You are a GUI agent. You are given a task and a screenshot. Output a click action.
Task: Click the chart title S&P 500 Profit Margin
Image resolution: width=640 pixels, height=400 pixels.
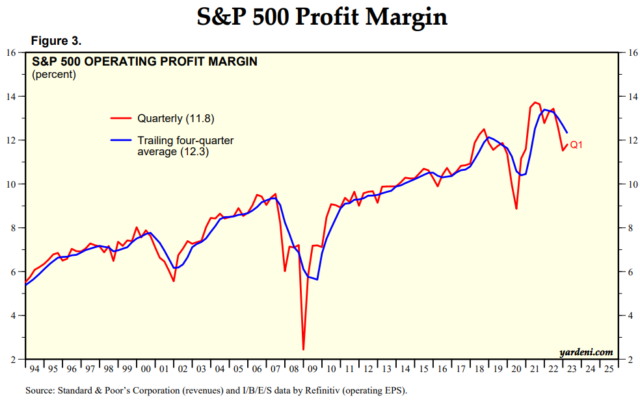(322, 18)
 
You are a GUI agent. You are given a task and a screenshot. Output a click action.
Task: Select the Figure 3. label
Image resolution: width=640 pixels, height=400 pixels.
(57, 41)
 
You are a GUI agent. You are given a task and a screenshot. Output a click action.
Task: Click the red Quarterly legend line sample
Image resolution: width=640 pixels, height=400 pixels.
(122, 118)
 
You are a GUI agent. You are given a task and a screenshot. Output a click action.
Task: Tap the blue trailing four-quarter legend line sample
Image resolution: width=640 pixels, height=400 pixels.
(122, 140)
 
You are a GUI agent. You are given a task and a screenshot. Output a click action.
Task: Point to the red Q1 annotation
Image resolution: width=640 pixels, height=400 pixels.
(576, 145)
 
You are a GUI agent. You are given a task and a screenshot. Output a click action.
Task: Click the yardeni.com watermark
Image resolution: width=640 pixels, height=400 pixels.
(586, 353)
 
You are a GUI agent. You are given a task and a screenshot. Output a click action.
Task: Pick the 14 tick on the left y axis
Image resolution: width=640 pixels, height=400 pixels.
(11, 97)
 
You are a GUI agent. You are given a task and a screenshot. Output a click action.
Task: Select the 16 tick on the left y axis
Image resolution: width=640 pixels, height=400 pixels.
(11, 53)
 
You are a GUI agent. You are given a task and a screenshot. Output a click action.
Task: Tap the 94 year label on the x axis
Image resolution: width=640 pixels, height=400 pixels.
(34, 369)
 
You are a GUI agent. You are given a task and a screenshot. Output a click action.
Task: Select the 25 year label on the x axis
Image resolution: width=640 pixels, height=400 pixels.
(609, 369)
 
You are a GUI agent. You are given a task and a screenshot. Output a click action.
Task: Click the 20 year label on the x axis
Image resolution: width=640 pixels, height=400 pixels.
(517, 369)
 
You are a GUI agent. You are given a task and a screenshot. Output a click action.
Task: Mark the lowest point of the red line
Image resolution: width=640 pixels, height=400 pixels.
(303, 349)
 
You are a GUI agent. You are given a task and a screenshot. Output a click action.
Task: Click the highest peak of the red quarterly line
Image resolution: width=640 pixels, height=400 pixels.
(535, 103)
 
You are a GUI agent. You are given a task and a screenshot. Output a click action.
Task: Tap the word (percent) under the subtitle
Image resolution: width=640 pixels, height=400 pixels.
(54, 74)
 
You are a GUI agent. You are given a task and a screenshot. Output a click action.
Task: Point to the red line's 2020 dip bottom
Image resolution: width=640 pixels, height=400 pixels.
(516, 208)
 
